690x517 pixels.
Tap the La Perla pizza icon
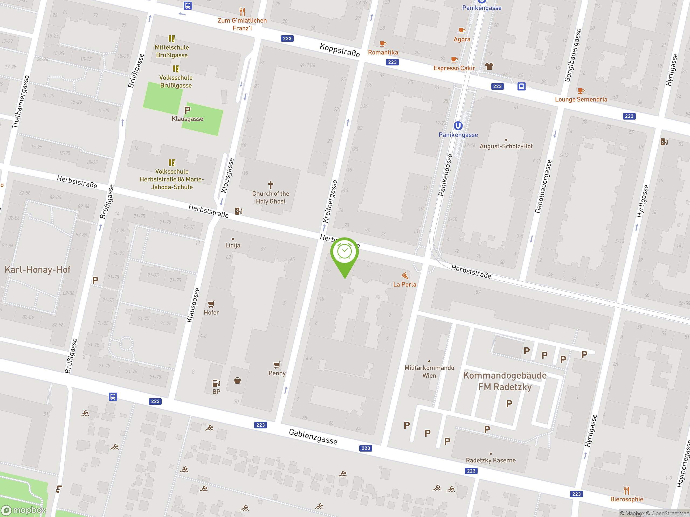point(405,275)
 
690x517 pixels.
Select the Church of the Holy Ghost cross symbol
point(270,185)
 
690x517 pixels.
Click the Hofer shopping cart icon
point(211,304)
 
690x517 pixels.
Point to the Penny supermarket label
point(277,373)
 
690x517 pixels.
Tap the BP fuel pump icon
point(216,383)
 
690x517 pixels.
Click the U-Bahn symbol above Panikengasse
point(458,125)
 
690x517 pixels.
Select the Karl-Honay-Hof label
point(37,270)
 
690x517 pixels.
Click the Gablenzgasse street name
point(313,436)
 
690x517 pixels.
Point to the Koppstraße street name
point(340,50)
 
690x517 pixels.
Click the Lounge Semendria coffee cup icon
point(581,91)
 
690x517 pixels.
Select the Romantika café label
point(383,52)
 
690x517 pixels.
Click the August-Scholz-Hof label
point(506,146)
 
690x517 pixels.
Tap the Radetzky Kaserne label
point(490,460)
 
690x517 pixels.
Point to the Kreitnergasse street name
point(330,201)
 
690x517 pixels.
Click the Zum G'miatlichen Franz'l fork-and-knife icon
point(242,12)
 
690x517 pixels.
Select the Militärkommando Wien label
point(429,372)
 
